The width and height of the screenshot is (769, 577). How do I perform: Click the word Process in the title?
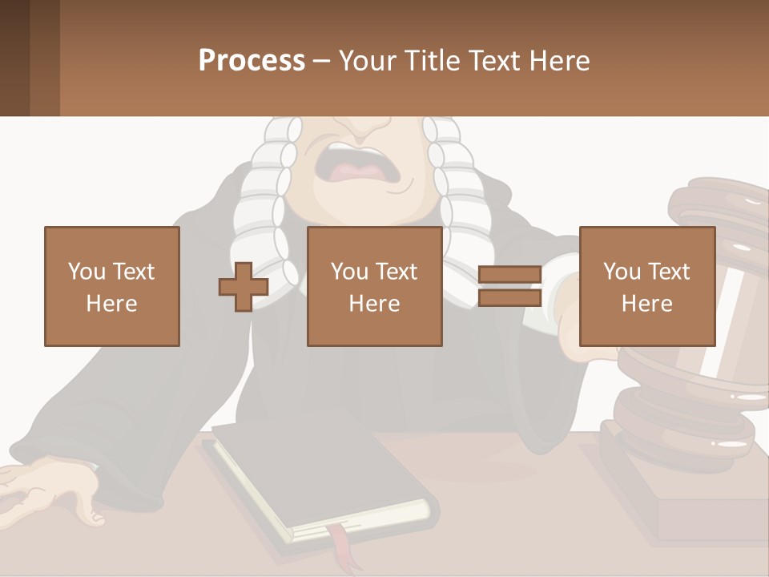[x=252, y=61]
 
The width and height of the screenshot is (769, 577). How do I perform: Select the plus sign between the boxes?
[x=244, y=287]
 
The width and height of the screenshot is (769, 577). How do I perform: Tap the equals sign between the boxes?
[x=509, y=287]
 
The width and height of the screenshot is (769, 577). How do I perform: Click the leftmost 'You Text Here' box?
[x=112, y=287]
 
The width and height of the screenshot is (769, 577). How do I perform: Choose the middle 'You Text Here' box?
[x=375, y=287]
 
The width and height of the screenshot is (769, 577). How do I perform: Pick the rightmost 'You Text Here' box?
[x=647, y=287]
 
